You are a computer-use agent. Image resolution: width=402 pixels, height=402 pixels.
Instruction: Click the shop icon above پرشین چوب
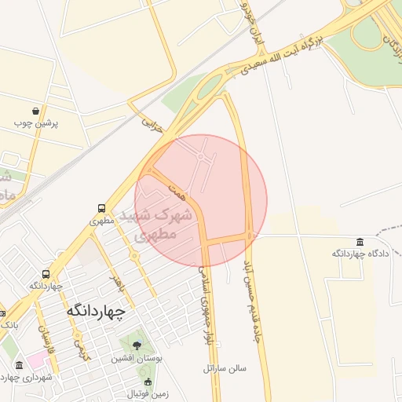tap(37, 111)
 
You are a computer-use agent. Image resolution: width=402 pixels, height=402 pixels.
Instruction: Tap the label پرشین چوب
tap(37, 123)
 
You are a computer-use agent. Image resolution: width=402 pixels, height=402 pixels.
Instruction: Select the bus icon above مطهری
tap(102, 209)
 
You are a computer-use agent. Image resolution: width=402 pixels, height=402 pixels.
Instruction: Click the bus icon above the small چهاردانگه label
tap(46, 275)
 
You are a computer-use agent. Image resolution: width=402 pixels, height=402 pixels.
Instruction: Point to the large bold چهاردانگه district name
tap(95, 310)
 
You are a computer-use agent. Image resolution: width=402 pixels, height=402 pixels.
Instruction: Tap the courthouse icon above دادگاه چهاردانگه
tap(360, 241)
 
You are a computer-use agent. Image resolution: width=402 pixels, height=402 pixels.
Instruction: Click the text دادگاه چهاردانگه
tap(360, 253)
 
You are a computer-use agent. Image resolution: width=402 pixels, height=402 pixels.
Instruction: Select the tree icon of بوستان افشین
tap(137, 345)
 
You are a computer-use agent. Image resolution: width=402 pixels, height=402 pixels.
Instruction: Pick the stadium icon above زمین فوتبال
tap(148, 382)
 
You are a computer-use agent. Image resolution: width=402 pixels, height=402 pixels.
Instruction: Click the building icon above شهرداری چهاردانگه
tap(20, 366)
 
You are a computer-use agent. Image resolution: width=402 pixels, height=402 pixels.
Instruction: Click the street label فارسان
tap(44, 337)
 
